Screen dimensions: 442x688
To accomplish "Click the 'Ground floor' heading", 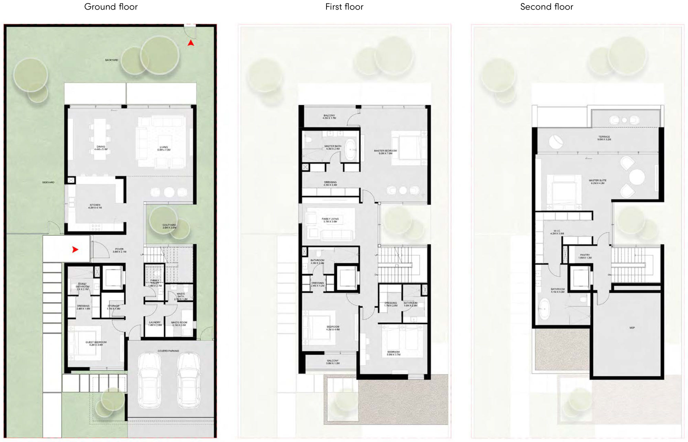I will [x=111, y=7].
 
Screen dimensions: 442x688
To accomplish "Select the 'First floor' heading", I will [x=344, y=7].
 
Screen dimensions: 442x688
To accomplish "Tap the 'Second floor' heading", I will [x=546, y=7].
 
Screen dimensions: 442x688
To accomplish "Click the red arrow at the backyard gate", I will [x=191, y=43].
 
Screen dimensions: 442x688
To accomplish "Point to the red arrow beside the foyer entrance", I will [x=75, y=250].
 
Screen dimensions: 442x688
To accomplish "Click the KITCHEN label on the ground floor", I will [x=95, y=206].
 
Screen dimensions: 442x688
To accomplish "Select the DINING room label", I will [x=101, y=148].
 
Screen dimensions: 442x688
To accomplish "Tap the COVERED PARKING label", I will [x=168, y=351].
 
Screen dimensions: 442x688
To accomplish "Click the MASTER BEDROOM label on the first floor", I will [x=385, y=152].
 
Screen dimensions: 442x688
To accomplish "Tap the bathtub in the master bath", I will [x=351, y=150].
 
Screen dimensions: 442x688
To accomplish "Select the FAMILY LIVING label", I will [x=330, y=220].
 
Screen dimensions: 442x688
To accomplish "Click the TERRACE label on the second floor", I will [x=604, y=138].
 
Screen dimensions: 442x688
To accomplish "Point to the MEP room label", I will [x=632, y=328].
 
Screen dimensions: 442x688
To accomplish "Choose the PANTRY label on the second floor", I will [x=584, y=256].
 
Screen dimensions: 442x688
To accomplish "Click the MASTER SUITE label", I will [x=597, y=182].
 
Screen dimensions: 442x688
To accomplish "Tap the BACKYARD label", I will [x=111, y=60].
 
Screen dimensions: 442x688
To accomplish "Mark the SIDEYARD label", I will [x=48, y=182].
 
